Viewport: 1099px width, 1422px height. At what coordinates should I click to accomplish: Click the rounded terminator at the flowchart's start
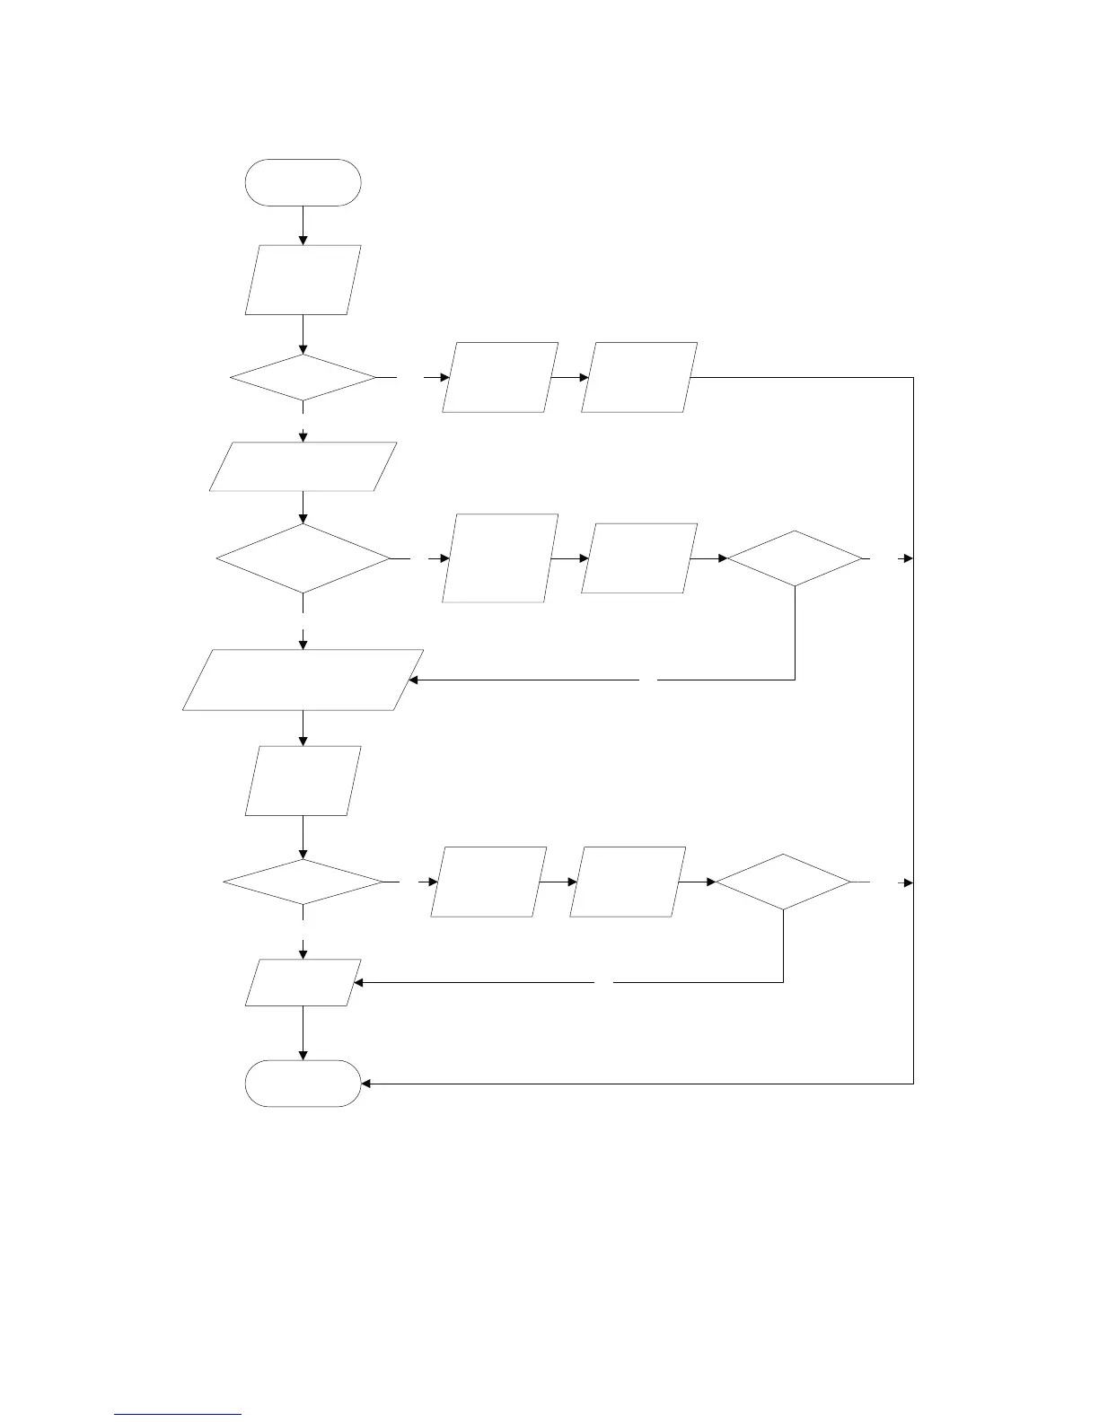click(x=303, y=183)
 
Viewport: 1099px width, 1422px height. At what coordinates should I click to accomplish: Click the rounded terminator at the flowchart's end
click(x=303, y=1083)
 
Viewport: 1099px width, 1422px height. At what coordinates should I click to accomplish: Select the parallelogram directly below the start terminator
click(x=303, y=280)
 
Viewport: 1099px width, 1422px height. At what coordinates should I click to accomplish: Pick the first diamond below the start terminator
click(x=303, y=378)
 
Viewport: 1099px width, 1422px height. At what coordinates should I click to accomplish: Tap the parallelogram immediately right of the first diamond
click(x=500, y=377)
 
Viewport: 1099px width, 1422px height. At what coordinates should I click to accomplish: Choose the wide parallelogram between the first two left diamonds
click(x=303, y=467)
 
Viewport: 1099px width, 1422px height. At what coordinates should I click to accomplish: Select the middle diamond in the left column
click(x=303, y=558)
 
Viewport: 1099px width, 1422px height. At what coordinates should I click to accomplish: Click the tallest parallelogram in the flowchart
click(x=500, y=558)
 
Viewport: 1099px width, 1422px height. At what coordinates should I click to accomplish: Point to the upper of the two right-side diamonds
click(x=795, y=558)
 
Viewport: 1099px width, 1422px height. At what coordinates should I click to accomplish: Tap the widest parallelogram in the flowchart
click(x=303, y=680)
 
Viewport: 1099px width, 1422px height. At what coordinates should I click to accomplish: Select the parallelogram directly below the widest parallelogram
click(x=303, y=781)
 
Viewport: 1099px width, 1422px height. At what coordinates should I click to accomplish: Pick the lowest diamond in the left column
click(x=303, y=882)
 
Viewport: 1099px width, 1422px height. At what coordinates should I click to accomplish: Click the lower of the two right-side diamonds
click(x=783, y=882)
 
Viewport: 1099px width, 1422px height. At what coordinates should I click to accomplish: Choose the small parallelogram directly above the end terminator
click(x=303, y=982)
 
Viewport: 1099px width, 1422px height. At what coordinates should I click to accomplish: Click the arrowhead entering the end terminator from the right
click(x=366, y=1084)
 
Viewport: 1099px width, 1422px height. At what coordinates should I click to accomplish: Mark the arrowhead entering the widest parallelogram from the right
click(x=414, y=680)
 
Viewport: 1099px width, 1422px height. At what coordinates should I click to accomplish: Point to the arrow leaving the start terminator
click(x=303, y=225)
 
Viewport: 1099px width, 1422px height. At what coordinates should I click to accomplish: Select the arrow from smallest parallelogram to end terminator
click(x=303, y=1033)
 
